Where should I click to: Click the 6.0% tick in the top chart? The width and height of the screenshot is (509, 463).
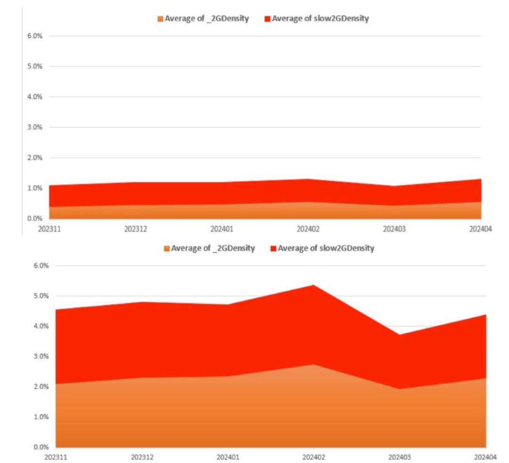point(35,36)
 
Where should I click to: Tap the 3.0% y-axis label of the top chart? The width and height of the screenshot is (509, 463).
point(35,127)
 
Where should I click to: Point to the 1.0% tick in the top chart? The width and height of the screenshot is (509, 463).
point(35,188)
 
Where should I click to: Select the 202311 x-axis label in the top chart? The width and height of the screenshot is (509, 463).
point(49,229)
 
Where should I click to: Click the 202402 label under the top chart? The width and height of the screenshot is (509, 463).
point(308,229)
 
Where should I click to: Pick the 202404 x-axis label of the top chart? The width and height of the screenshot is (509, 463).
point(480,229)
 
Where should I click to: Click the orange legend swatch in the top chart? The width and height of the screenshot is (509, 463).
point(160,19)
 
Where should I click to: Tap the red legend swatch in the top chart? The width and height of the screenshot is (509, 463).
point(268,19)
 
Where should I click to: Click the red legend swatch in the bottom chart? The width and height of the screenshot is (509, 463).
point(273,248)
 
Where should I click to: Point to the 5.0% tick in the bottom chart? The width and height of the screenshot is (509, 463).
point(41,296)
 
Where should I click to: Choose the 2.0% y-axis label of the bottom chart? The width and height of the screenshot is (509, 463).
point(41,387)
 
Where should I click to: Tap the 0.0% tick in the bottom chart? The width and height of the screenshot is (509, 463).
point(41,447)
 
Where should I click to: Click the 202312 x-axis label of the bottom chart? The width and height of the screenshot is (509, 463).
point(142,457)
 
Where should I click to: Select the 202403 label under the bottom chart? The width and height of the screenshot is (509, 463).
point(400,457)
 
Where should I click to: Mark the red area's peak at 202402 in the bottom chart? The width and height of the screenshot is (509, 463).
point(313,285)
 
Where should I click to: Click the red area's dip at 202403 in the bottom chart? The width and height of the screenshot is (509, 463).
point(400,335)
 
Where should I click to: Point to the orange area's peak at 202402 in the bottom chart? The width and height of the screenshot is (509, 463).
point(313,364)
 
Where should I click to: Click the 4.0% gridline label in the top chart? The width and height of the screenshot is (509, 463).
point(35,97)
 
